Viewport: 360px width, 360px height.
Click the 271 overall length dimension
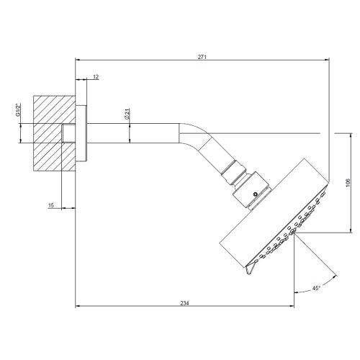pos(202,55)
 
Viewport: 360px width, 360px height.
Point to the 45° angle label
pos(316,288)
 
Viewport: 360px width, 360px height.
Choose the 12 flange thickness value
pos(96,76)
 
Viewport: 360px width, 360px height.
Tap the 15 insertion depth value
pos(51,205)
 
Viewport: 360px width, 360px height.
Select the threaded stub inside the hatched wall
pos(70,133)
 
